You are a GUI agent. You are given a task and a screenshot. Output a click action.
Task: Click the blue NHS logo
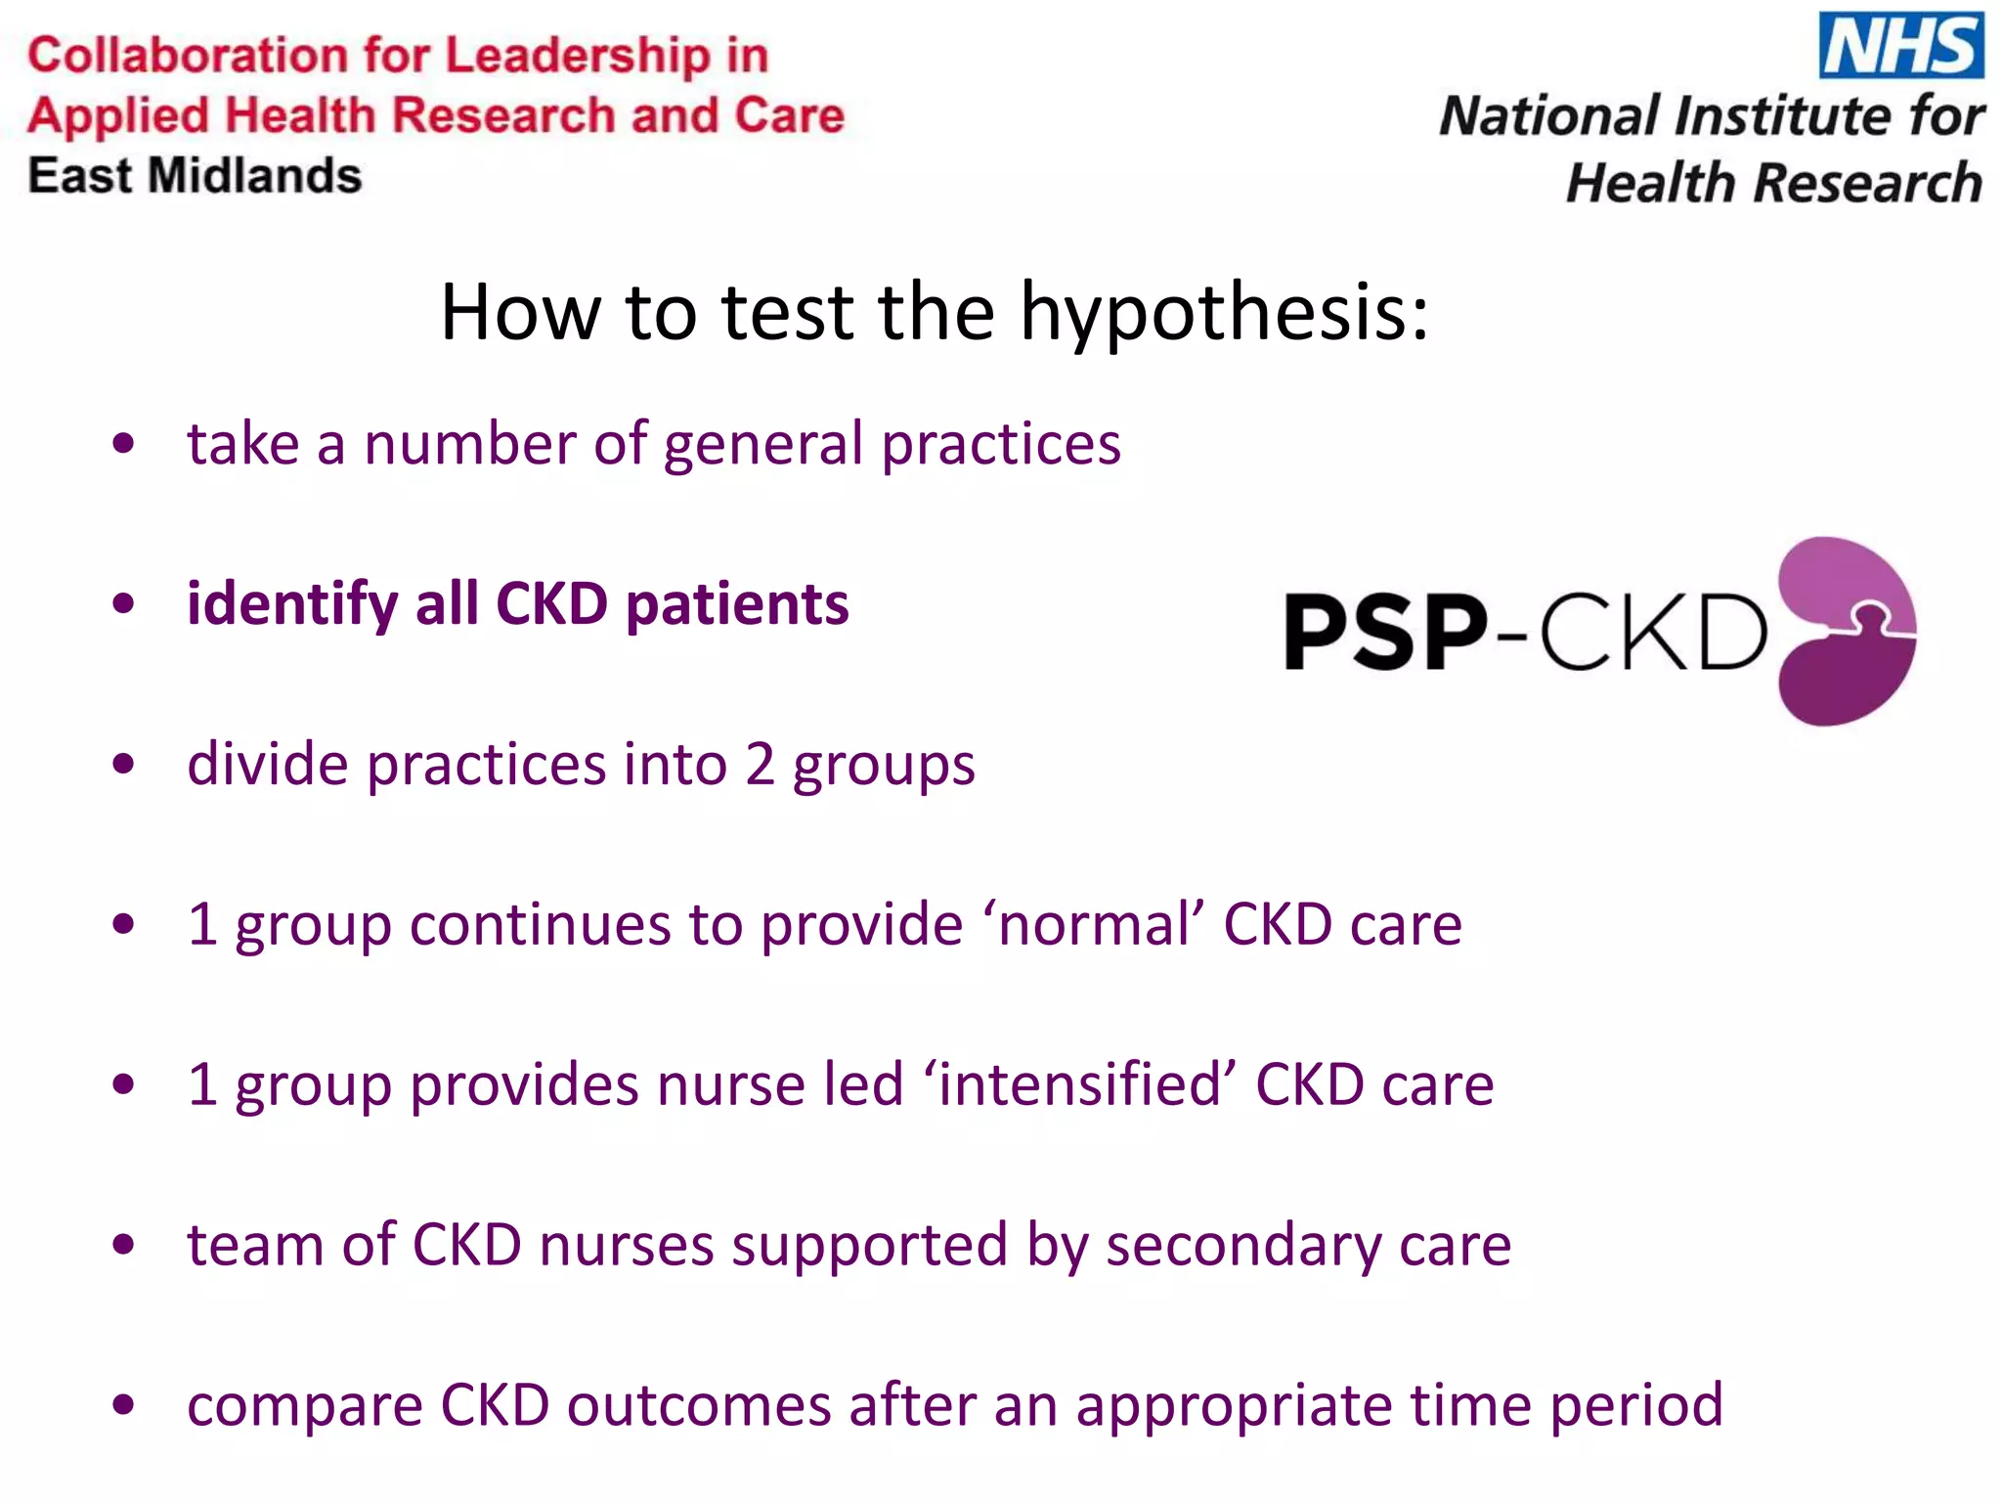pos(1900,45)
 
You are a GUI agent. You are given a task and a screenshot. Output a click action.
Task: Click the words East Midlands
pos(195,177)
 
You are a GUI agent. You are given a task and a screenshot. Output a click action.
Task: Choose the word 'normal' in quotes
pos(1094,925)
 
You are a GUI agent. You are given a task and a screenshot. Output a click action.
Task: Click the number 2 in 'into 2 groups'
pos(760,765)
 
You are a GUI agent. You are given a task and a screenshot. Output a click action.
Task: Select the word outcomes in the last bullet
pos(699,1406)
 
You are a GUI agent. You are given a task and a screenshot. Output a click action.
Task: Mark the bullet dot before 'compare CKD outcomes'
pos(123,1406)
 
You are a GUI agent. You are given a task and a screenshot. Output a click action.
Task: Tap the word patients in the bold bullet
pos(737,604)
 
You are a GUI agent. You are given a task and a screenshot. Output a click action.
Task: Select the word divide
pos(267,765)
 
